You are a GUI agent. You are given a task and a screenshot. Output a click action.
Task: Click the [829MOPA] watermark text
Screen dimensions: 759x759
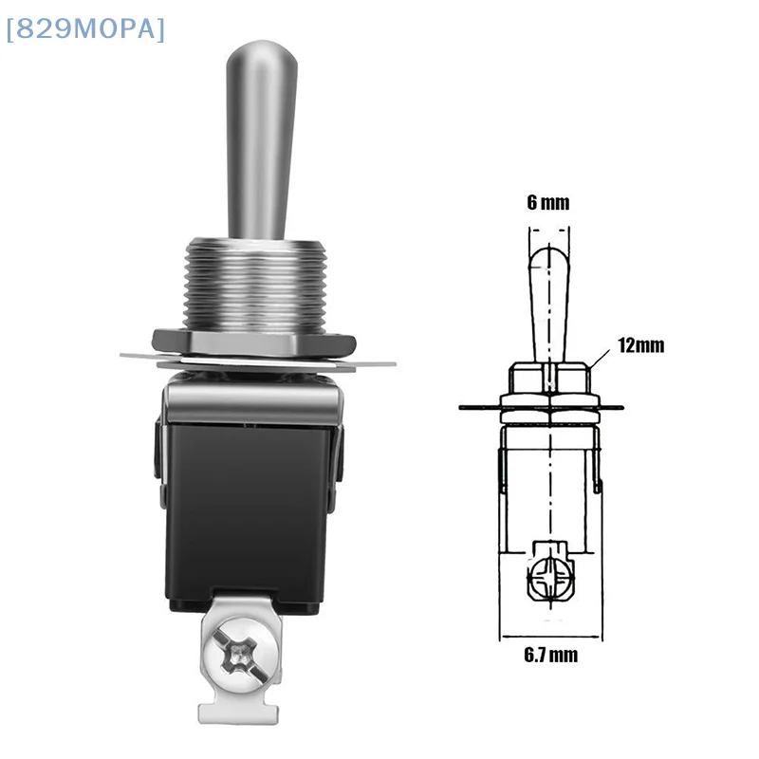(x=85, y=30)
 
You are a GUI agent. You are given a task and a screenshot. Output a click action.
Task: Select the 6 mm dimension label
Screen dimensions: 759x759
(x=550, y=202)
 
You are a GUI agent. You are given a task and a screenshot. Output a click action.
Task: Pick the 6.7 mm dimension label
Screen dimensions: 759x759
(x=549, y=655)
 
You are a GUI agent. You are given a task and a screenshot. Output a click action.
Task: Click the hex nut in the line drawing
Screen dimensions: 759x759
(x=550, y=377)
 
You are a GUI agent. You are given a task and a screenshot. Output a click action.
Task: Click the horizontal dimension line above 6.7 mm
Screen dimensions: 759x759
(x=549, y=634)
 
